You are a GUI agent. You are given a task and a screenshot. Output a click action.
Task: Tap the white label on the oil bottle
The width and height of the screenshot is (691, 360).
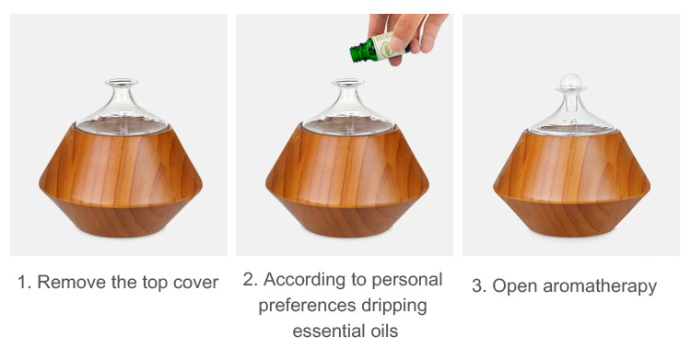point(386,46)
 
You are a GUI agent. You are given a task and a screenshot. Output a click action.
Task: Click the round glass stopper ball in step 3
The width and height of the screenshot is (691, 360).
point(571,82)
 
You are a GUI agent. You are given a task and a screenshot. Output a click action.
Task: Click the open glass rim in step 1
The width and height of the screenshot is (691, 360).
point(122,82)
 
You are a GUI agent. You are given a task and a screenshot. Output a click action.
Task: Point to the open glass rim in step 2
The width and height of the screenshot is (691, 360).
point(348,82)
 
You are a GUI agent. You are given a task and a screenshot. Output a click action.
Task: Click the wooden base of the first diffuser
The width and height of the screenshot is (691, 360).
point(121,180)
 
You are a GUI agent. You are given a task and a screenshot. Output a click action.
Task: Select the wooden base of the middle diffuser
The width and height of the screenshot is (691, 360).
point(347,180)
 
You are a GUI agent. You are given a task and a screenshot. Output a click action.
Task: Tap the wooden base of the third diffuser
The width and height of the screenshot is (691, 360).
point(571,183)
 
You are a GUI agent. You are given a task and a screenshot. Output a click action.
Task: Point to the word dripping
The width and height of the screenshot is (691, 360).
point(394,307)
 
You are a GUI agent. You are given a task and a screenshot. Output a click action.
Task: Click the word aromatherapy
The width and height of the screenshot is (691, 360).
point(600,286)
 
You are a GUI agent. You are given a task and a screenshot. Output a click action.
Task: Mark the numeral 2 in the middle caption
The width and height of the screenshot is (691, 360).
point(248,280)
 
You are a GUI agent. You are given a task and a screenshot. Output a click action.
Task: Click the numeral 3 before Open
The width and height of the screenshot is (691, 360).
point(477,286)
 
